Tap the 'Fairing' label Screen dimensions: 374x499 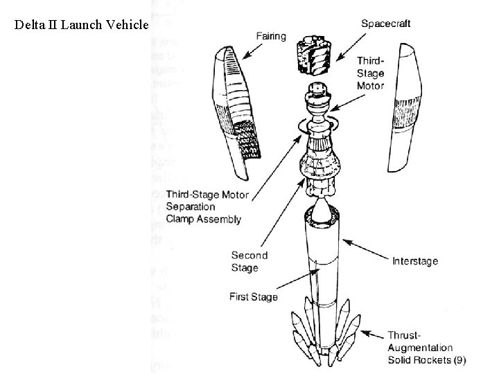pyautogui.click(x=272, y=36)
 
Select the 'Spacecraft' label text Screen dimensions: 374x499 pyautogui.click(x=385, y=24)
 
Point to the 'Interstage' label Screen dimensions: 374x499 pyautogui.click(x=414, y=261)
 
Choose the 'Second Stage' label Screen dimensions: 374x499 pyautogui.click(x=249, y=262)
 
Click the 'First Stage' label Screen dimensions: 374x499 pyautogui.click(x=254, y=297)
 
